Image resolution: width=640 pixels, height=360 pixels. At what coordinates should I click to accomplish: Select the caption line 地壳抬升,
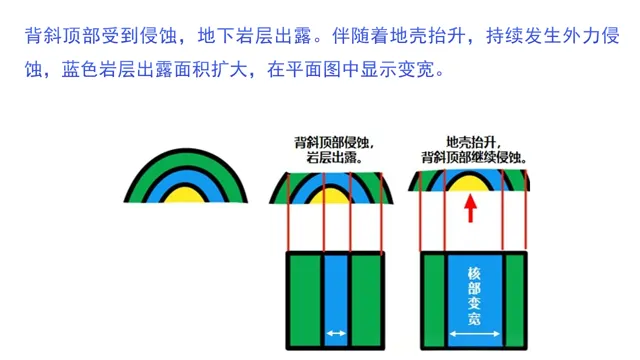(472, 142)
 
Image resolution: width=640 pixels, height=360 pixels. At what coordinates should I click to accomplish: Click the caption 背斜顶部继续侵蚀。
(474, 157)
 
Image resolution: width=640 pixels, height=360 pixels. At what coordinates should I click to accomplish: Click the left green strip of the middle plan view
(305, 300)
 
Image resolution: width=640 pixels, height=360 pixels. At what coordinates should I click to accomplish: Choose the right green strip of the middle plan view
(368, 300)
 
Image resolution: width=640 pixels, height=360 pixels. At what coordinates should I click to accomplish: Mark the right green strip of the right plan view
(515, 300)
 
